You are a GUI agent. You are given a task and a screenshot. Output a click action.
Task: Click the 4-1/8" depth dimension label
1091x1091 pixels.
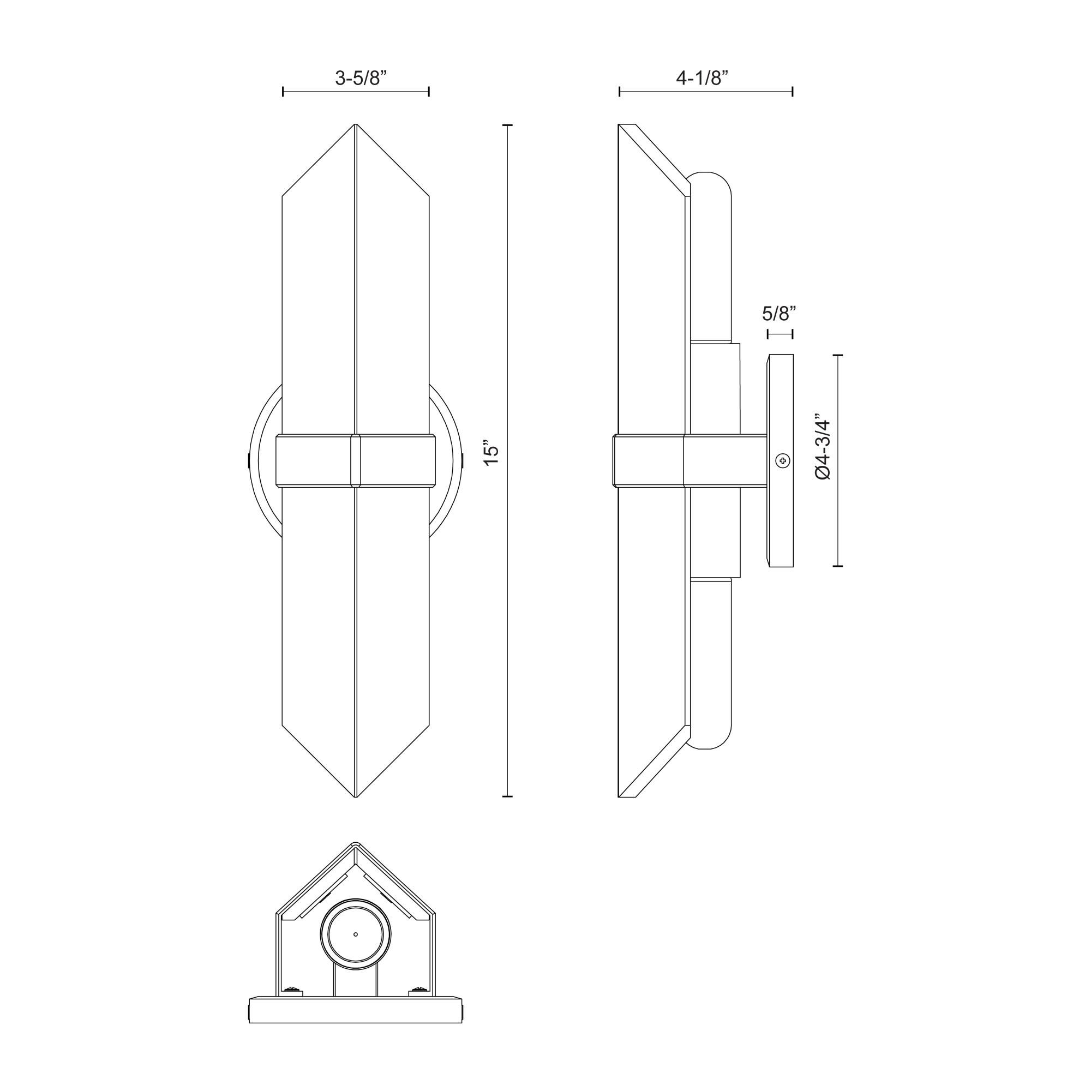(705, 78)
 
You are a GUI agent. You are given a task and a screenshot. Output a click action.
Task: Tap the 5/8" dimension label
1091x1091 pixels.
(780, 312)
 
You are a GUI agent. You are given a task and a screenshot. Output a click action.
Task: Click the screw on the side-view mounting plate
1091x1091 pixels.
(782, 461)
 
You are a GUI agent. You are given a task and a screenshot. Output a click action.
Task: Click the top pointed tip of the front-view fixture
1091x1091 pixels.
(355, 126)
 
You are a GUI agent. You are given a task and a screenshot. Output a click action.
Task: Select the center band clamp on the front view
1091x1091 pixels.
(355, 460)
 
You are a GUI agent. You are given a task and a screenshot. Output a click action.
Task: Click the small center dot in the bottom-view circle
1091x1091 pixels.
(355, 934)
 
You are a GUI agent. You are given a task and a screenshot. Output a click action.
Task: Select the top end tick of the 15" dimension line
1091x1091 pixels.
(507, 125)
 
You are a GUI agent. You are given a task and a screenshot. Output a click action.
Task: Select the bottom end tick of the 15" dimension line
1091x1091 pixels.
(507, 796)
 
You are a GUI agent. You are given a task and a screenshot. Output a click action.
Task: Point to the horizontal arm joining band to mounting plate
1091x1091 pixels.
(726, 460)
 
